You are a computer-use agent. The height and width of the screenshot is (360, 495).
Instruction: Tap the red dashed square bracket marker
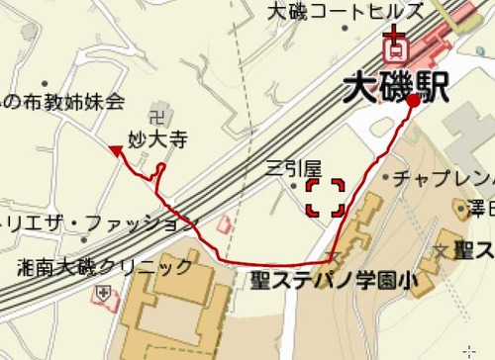[x=325, y=197]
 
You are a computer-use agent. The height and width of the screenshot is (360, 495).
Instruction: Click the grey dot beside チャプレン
[x=385, y=178]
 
